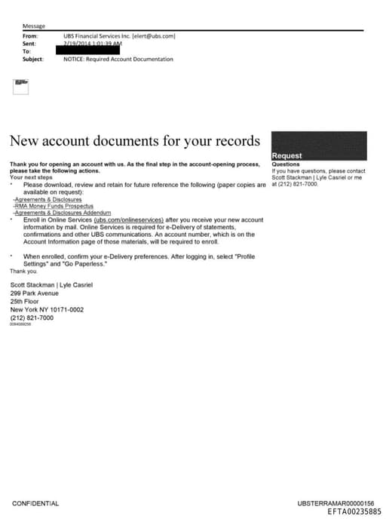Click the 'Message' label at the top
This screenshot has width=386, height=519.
(33, 26)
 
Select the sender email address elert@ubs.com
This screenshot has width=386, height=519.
(155, 35)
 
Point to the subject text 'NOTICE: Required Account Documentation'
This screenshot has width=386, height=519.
(118, 58)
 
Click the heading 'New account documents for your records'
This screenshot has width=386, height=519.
(135, 140)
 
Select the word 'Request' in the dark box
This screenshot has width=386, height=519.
(286, 156)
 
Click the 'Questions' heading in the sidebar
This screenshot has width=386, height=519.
(286, 164)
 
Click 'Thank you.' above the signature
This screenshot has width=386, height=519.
(22, 270)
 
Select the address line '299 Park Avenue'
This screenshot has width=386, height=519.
(35, 293)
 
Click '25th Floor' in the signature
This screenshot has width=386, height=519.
(24, 301)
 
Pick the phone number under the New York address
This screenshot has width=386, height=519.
(32, 318)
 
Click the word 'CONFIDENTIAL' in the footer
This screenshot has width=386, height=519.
(35, 503)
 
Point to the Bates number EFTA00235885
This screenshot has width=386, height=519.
(354, 511)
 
